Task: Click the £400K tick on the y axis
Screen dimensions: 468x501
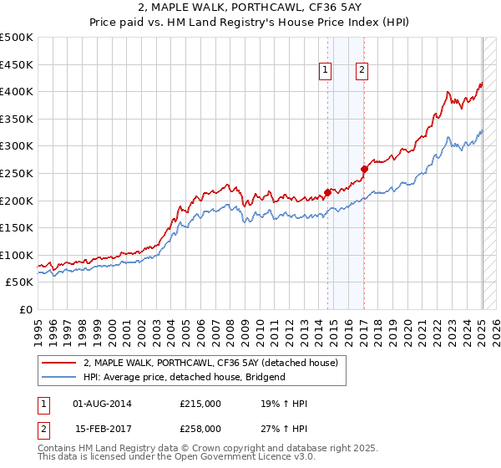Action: point(17,92)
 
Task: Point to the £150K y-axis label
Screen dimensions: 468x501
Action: point(17,227)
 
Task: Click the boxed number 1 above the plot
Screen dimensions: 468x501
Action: point(324,71)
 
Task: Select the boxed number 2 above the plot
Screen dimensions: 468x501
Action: point(362,71)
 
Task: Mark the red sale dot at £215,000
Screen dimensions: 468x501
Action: point(327,192)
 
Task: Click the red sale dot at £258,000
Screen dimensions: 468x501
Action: point(364,169)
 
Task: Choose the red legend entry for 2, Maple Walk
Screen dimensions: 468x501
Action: point(210,363)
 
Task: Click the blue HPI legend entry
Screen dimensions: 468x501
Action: point(184,377)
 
